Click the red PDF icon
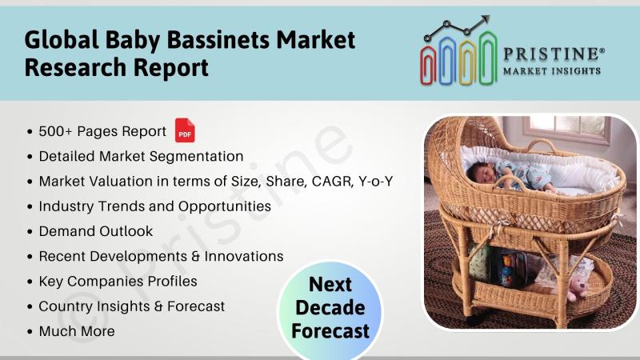(185, 130)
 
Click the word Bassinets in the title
(218, 40)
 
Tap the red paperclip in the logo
(428, 65)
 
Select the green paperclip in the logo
(488, 58)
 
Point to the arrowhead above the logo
(486, 19)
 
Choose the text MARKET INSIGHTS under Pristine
(552, 71)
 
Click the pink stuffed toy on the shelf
(577, 288)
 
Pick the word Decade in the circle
(330, 308)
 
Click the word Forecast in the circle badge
(330, 331)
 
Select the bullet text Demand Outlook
(96, 231)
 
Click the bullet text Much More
(77, 331)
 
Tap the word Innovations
(244, 256)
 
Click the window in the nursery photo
(566, 130)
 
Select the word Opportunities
(225, 207)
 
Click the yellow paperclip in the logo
(467, 62)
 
